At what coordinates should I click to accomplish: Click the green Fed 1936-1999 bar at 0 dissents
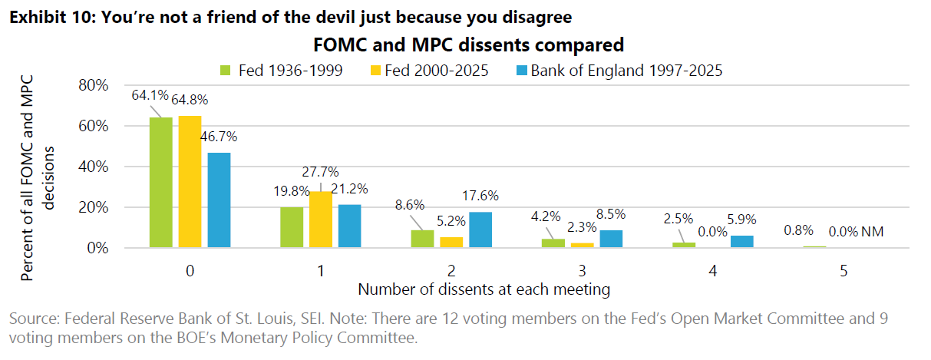coord(161,183)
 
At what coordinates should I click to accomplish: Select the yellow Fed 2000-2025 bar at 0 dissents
coord(190,182)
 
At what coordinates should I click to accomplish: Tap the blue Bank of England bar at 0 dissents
coord(219,200)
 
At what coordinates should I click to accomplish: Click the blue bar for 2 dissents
coord(480,230)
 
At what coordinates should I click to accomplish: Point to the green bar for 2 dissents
coord(422,239)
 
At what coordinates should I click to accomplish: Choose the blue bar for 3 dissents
coord(610,239)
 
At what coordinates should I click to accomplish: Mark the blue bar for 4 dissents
coord(741,242)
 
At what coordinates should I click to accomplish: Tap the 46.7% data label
coord(220,137)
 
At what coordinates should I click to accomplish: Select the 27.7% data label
coord(321,172)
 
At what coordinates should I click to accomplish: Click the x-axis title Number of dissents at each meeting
coord(484,289)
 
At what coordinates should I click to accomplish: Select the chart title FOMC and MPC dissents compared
coord(468,45)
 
